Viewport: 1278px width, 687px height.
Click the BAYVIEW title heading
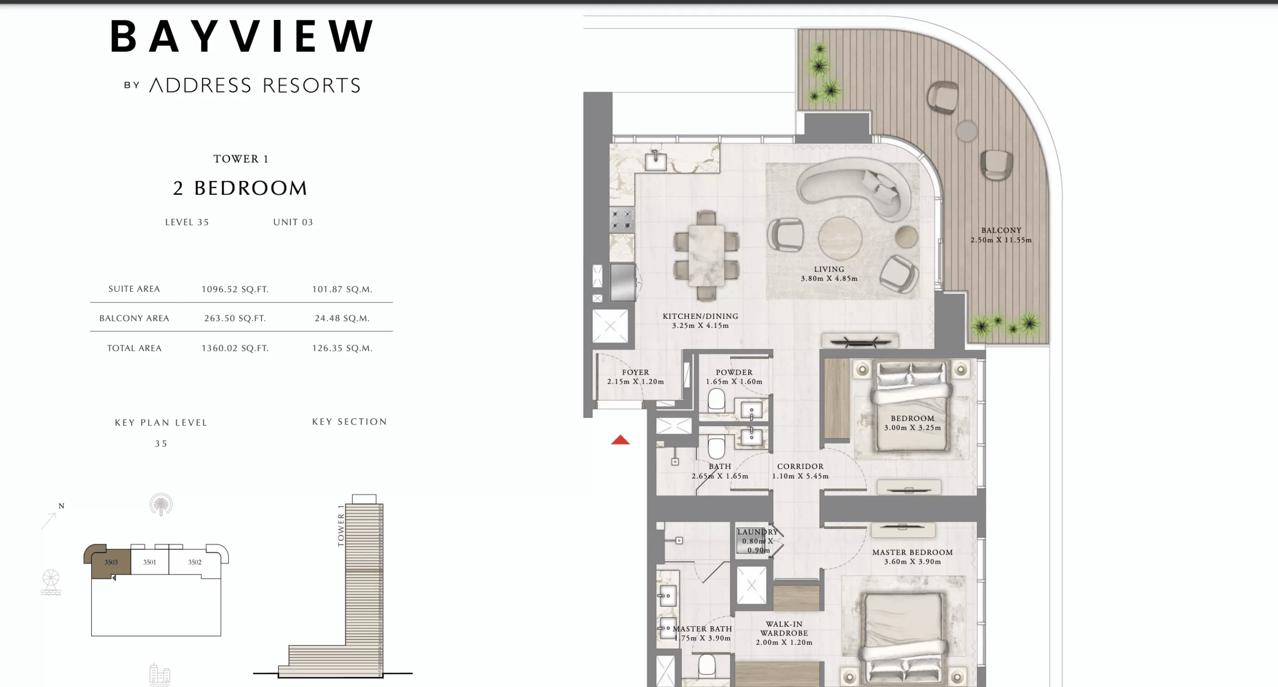point(242,36)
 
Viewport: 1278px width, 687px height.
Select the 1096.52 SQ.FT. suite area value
point(235,289)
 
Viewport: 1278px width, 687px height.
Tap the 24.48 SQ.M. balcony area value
point(342,318)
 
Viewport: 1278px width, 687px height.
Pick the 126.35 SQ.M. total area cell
point(342,348)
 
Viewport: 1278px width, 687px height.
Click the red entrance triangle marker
point(620,440)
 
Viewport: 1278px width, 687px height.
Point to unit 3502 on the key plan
point(195,562)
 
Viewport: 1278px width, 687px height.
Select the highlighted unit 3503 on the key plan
point(111,562)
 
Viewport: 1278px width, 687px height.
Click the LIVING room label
point(829,269)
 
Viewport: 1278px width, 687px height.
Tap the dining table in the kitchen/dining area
point(706,255)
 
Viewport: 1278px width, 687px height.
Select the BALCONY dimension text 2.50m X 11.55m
point(1001,240)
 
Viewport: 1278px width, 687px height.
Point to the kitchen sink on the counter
point(655,161)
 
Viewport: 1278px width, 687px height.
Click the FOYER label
point(635,372)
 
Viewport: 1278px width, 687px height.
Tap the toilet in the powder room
point(716,399)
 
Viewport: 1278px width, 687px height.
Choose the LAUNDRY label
point(757,532)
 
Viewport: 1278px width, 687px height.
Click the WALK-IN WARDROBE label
point(784,629)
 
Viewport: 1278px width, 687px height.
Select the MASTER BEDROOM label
point(912,552)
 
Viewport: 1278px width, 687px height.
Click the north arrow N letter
point(61,506)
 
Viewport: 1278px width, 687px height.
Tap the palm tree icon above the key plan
point(161,504)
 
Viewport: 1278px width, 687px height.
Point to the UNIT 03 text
point(293,223)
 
